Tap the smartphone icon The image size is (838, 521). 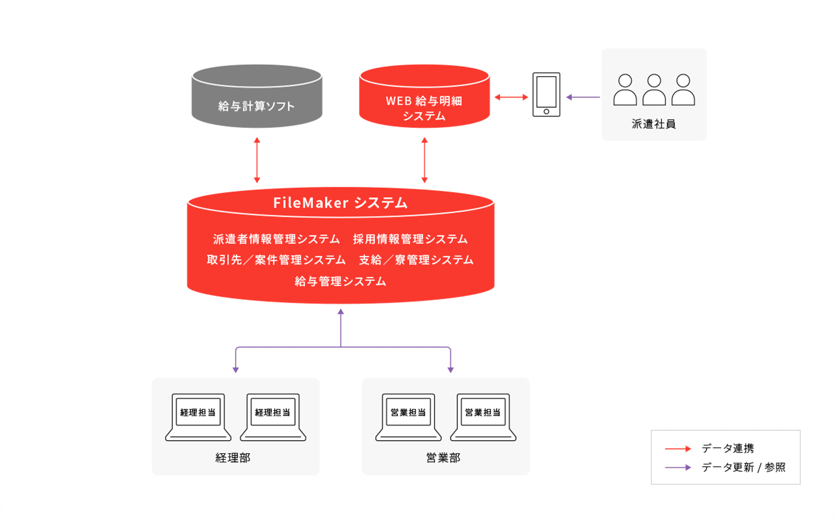click(x=546, y=94)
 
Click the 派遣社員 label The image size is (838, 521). click(x=654, y=124)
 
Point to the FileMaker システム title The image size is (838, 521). click(x=340, y=203)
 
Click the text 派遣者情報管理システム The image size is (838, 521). click(x=277, y=239)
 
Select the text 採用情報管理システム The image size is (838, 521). click(x=410, y=239)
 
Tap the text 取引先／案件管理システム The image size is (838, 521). click(x=276, y=260)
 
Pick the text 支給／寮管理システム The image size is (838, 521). click(x=416, y=260)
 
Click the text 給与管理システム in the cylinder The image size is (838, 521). click(x=340, y=281)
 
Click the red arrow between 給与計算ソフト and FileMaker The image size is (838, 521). click(x=257, y=160)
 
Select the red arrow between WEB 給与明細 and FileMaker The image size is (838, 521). click(x=424, y=160)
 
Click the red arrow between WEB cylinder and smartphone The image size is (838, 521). click(x=511, y=97)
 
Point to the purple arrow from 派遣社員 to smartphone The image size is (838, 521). click(x=583, y=97)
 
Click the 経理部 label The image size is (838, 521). click(x=233, y=458)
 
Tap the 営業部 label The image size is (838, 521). click(x=443, y=458)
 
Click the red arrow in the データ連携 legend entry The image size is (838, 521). click(x=678, y=448)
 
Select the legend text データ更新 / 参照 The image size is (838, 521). click(x=743, y=468)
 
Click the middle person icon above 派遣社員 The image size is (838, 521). click(x=654, y=89)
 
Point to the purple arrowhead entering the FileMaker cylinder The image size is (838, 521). click(x=341, y=312)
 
